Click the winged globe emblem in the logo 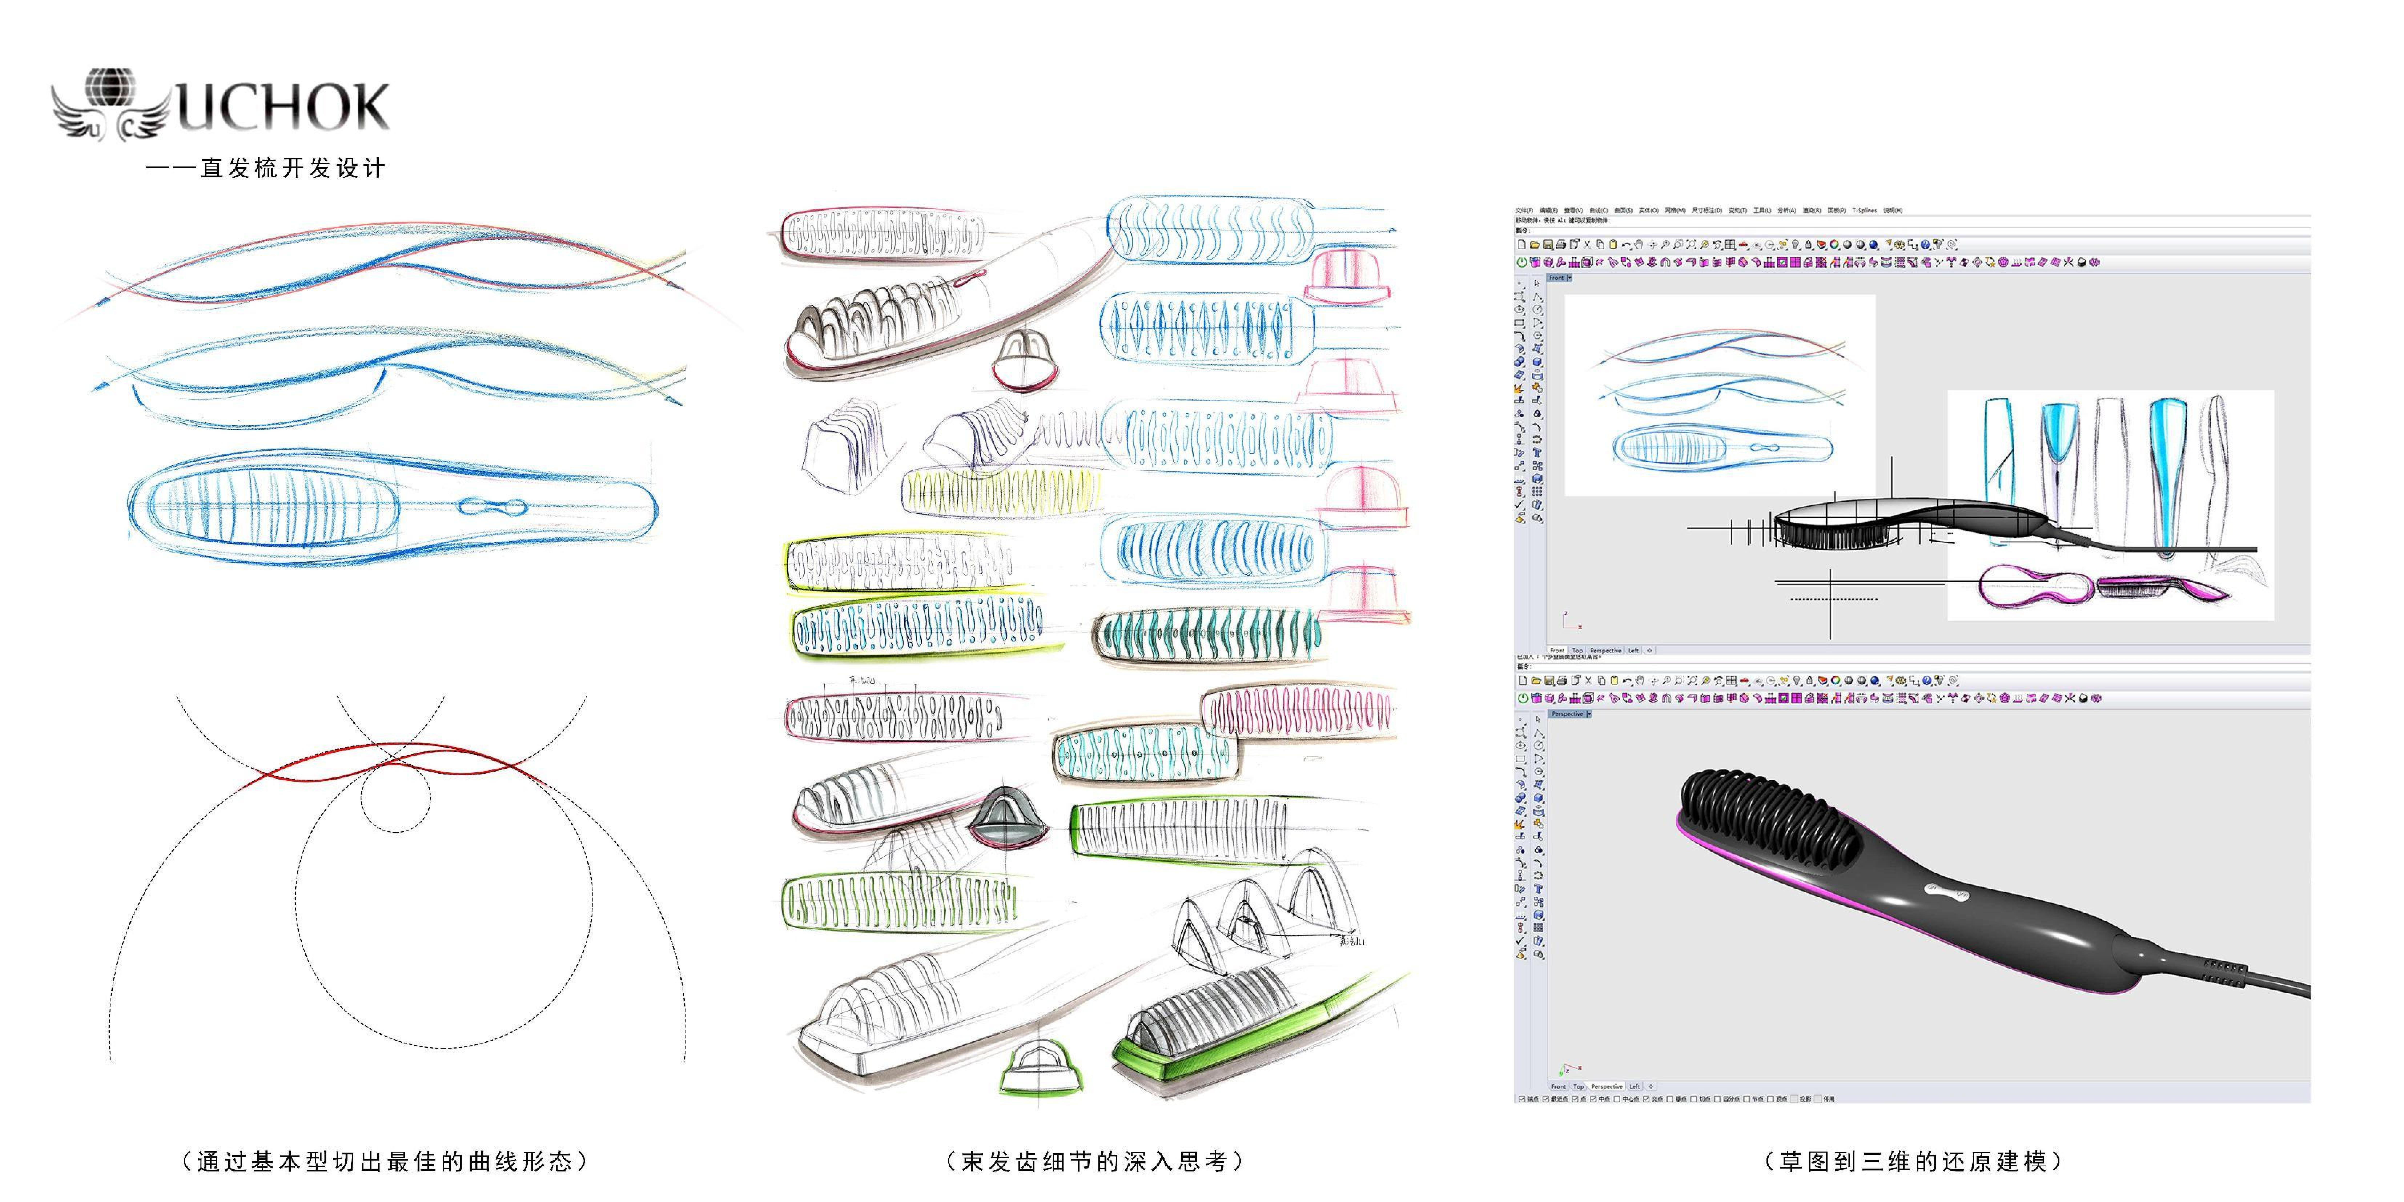(x=110, y=103)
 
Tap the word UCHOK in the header (x=282, y=107)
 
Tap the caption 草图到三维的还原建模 (x=1913, y=1161)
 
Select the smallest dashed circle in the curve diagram (x=397, y=793)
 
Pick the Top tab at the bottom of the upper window (x=1577, y=650)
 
